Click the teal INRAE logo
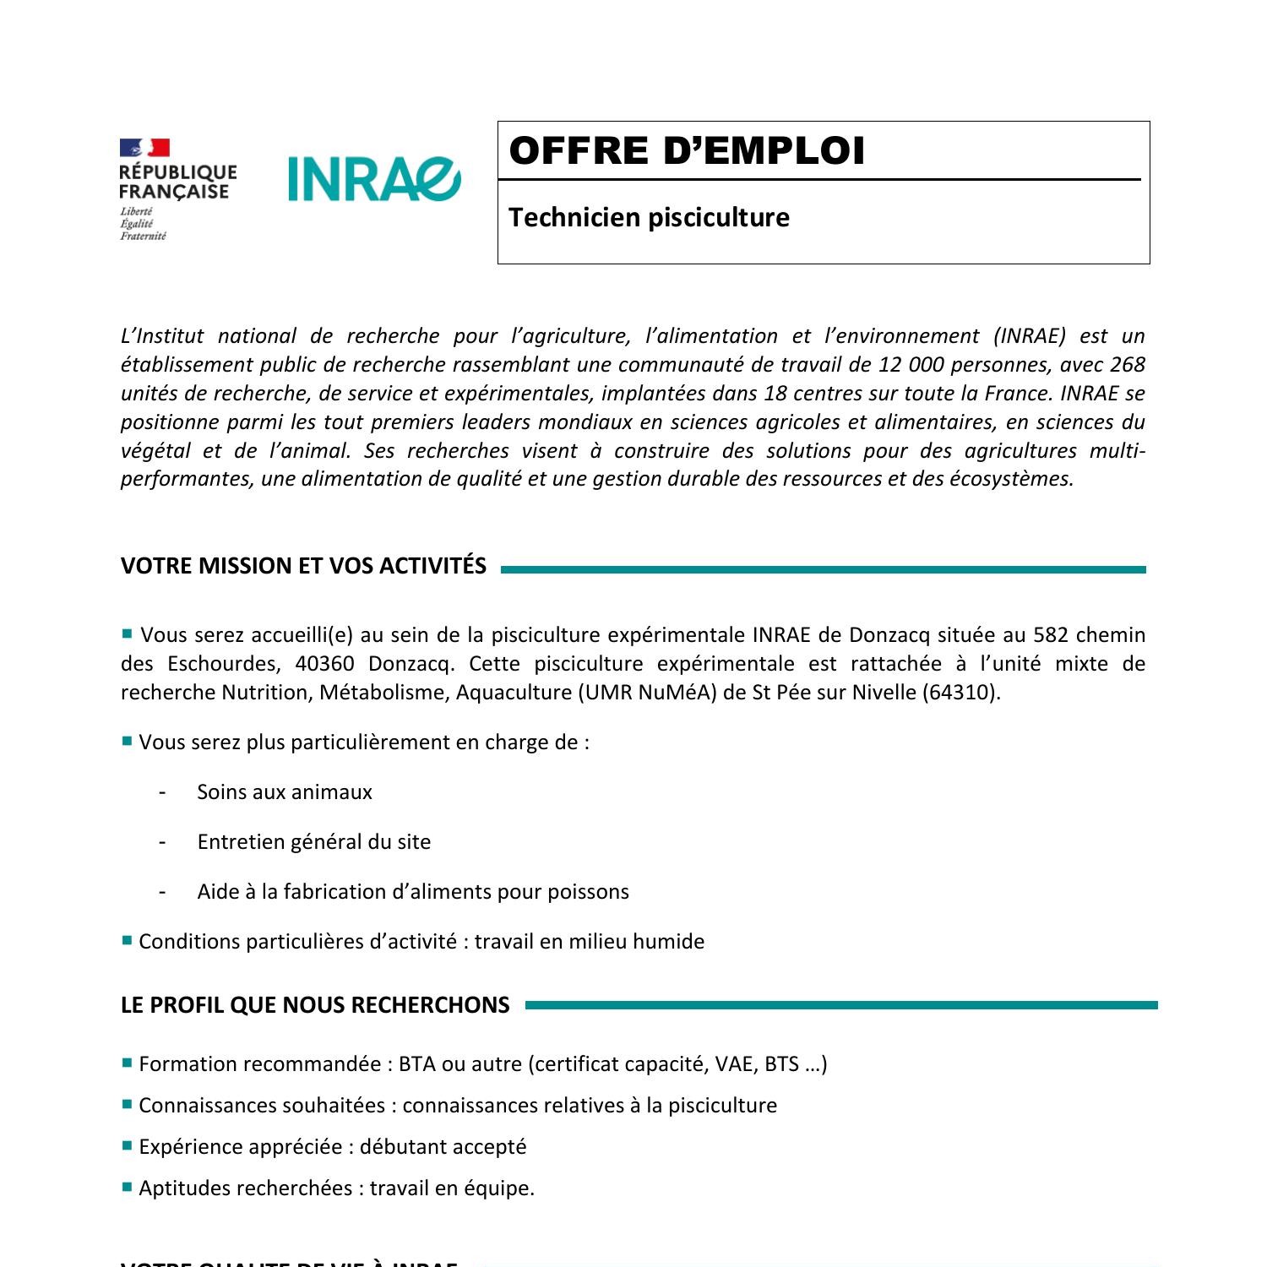point(373,178)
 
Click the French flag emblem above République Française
point(144,149)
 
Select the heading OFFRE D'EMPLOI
point(687,151)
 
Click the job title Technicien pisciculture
point(649,218)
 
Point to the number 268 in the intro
point(1127,365)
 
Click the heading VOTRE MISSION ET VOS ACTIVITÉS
point(303,566)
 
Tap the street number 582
point(1052,635)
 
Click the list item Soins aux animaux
point(285,792)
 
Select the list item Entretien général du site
point(313,842)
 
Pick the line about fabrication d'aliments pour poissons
point(413,892)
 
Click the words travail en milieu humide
point(589,942)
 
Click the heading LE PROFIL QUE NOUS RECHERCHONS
point(315,1005)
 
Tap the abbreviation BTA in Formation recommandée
point(416,1064)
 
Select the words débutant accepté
point(443,1147)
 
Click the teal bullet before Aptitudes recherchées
point(128,1188)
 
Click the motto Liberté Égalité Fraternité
point(142,224)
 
